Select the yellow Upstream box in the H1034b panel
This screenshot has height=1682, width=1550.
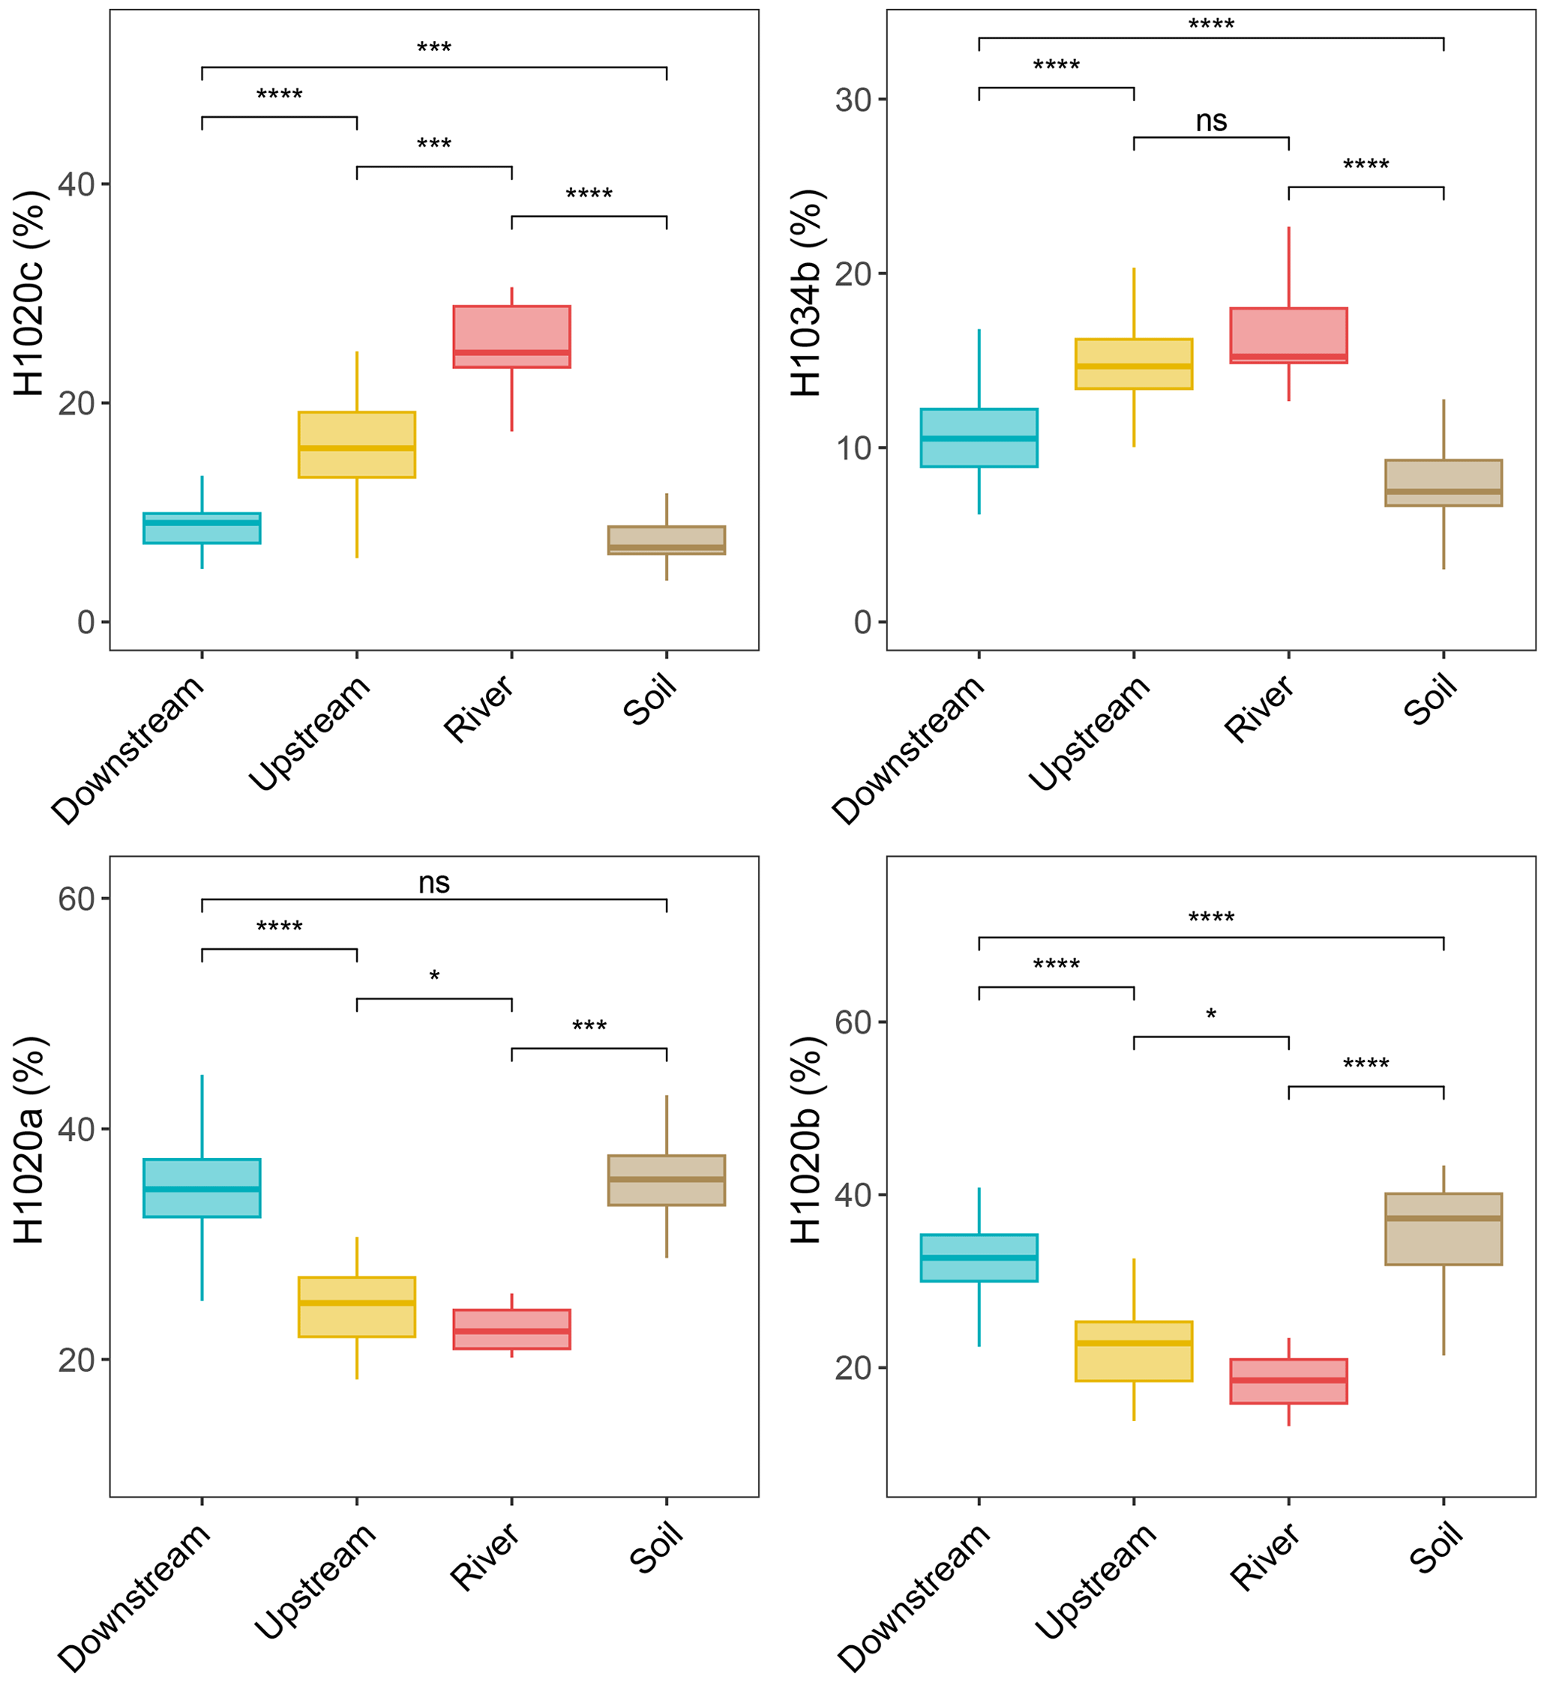pyautogui.click(x=1133, y=364)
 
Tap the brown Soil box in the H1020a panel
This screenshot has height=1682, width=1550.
pyautogui.click(x=666, y=1181)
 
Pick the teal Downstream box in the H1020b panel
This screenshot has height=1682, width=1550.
pyautogui.click(x=978, y=1258)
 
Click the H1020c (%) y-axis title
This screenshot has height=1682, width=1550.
pyautogui.click(x=29, y=294)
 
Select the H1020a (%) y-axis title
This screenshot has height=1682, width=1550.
pyautogui.click(x=29, y=1140)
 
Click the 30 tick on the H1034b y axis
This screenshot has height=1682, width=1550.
pyautogui.click(x=854, y=100)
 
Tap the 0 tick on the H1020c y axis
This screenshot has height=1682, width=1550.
pyautogui.click(x=85, y=621)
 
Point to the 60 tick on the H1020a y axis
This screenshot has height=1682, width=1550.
pyautogui.click(x=76, y=899)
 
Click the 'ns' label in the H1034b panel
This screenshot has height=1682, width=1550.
pyautogui.click(x=1210, y=121)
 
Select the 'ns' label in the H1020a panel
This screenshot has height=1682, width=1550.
pyautogui.click(x=433, y=883)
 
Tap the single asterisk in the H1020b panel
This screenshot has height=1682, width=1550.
pyautogui.click(x=1210, y=1016)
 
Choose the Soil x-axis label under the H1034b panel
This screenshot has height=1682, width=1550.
pyautogui.click(x=1430, y=700)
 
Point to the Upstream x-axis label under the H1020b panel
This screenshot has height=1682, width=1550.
pyautogui.click(x=1096, y=1581)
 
